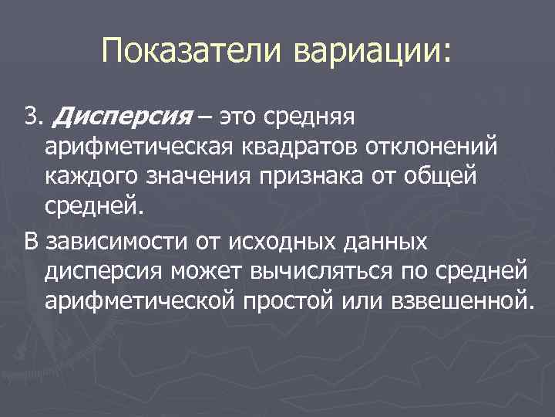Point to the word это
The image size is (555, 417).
pos(240,117)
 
